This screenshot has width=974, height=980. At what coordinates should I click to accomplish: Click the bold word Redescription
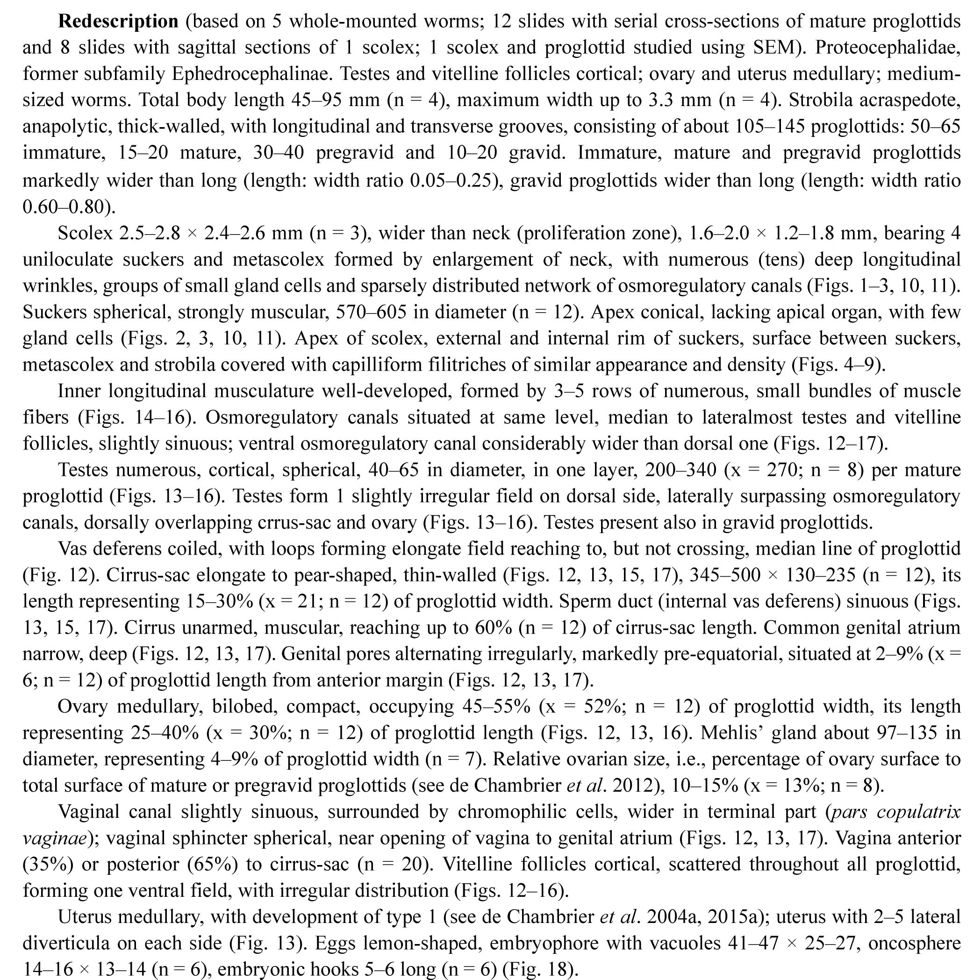118,21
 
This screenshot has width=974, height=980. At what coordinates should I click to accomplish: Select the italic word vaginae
54,838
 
